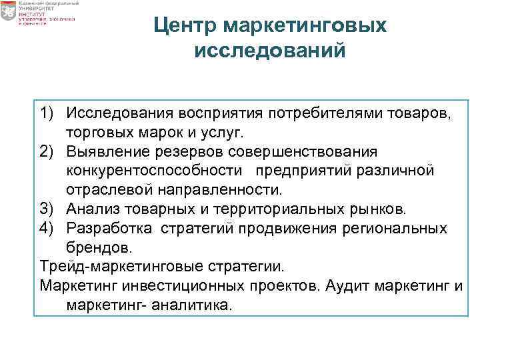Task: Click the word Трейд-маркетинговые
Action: pos(118,267)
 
